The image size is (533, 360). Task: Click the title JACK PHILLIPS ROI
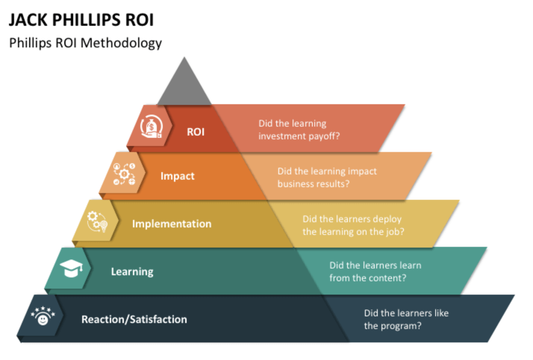coord(81,20)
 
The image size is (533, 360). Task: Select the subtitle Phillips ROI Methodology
coord(85,43)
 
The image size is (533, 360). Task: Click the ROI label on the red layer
coord(196,132)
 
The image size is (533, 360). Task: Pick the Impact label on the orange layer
coord(177,176)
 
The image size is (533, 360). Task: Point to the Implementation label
coord(172,224)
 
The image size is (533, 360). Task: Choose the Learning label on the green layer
coord(132,271)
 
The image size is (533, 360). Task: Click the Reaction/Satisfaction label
coord(134,319)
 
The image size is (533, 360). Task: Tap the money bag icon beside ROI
coord(151,127)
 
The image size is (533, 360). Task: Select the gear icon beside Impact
coord(124,174)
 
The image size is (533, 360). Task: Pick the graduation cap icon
coord(71,269)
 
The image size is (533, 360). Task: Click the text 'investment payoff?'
coord(299,136)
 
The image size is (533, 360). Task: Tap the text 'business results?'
coord(313,184)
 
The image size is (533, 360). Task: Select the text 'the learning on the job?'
coord(353,232)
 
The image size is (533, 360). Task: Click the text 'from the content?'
coord(368,278)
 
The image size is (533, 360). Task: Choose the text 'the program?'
coord(393,326)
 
